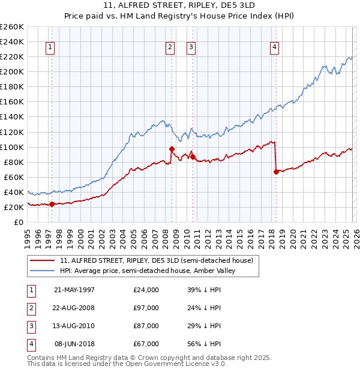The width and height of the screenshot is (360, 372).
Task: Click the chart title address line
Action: coord(179,5)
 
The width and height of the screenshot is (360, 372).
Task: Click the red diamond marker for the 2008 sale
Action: coord(172,149)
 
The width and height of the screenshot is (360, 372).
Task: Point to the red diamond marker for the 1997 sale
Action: coord(52,204)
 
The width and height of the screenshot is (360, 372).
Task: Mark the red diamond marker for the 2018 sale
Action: coord(276,172)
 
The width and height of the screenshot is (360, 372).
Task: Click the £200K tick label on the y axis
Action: coord(12,71)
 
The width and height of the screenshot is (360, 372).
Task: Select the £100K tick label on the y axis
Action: coord(12,147)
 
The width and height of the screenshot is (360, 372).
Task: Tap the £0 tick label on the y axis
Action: coord(18,222)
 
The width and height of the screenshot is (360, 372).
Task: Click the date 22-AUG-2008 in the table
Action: coord(74,308)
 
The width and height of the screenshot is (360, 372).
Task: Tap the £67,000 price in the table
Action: coord(146,344)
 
